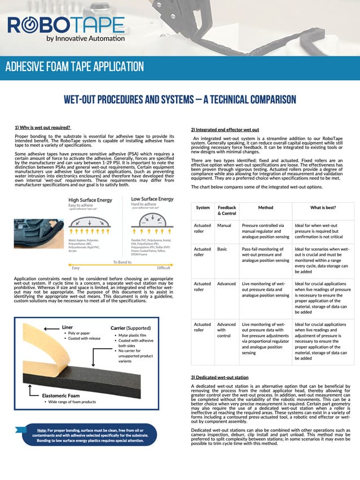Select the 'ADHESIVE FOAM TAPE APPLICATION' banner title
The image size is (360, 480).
pos(74,66)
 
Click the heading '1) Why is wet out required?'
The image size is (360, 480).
pos(42,128)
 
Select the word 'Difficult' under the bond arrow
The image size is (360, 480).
pos(164,268)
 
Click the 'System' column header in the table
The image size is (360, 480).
pos(203,208)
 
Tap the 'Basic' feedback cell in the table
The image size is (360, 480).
pos(222,248)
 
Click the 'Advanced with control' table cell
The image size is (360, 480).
pos(226,331)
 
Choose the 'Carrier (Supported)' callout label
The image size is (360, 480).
pos(134,328)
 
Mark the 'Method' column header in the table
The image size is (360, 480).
pos(265,208)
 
